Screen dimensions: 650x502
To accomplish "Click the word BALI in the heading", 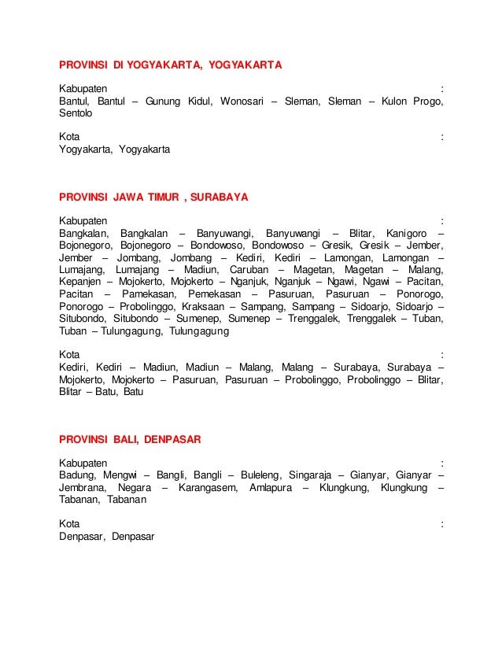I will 124,439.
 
